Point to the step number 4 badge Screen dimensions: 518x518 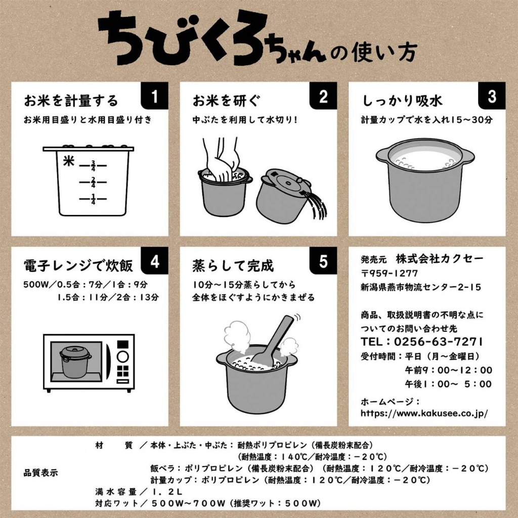pyautogui.click(x=155, y=261)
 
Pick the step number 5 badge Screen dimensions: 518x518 pyautogui.click(x=323, y=261)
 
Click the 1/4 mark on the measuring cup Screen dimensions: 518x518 pyautogui.click(x=93, y=200)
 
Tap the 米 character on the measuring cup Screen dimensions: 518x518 pyautogui.click(x=69, y=161)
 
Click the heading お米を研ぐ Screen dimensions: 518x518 pyautogui.click(x=226, y=101)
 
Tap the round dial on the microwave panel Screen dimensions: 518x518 pyautogui.click(x=122, y=356)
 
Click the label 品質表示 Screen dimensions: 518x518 pyautogui.click(x=41, y=473)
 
